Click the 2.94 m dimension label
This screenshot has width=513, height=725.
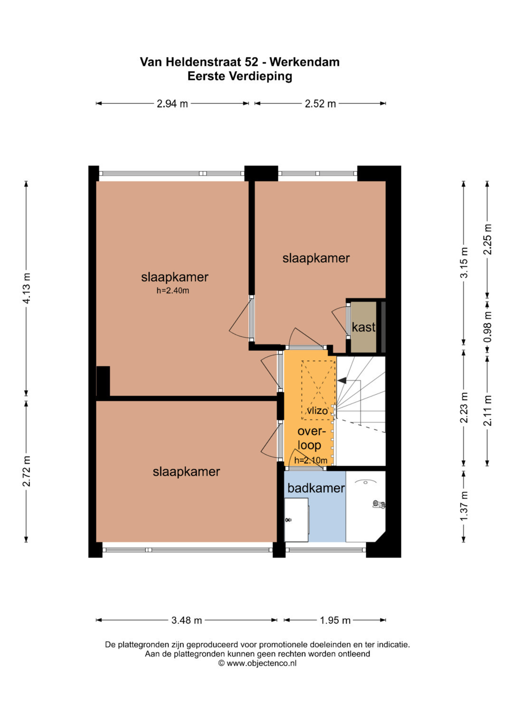(x=172, y=104)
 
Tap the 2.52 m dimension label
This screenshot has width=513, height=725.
(x=320, y=104)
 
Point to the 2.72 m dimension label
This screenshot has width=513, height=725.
(x=27, y=471)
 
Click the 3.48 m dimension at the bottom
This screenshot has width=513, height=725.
(x=186, y=620)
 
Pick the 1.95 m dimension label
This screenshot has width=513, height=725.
(x=335, y=620)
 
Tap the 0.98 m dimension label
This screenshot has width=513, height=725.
(x=488, y=327)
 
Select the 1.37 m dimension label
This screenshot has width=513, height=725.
(x=465, y=506)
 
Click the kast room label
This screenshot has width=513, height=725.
(x=363, y=327)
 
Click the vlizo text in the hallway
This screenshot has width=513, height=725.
(x=317, y=411)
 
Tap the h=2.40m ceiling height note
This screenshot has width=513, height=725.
(x=172, y=290)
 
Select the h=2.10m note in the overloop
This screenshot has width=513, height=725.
(x=311, y=460)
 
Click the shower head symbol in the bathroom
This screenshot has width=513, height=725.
(x=378, y=504)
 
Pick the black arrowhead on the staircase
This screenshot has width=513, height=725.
(x=342, y=381)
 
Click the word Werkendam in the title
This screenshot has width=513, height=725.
(x=304, y=62)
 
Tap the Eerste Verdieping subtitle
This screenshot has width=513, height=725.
(x=240, y=77)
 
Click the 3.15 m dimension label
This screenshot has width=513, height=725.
(x=465, y=263)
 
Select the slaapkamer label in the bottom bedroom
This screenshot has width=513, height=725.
(x=186, y=471)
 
